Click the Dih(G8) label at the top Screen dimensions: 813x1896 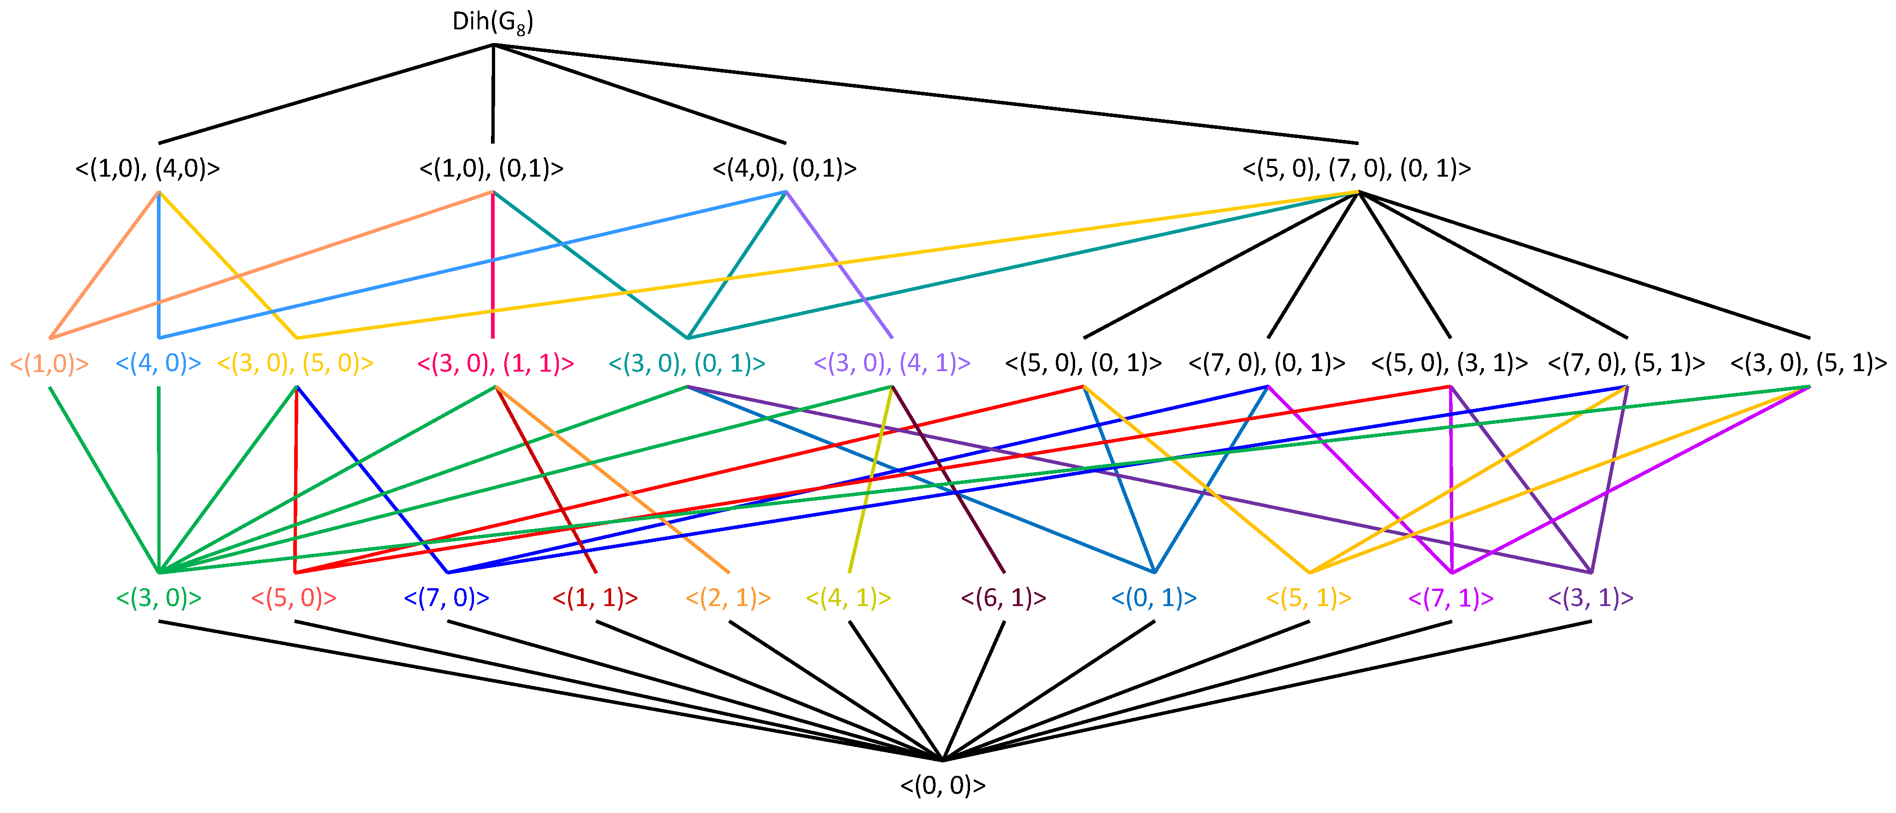(x=492, y=22)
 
